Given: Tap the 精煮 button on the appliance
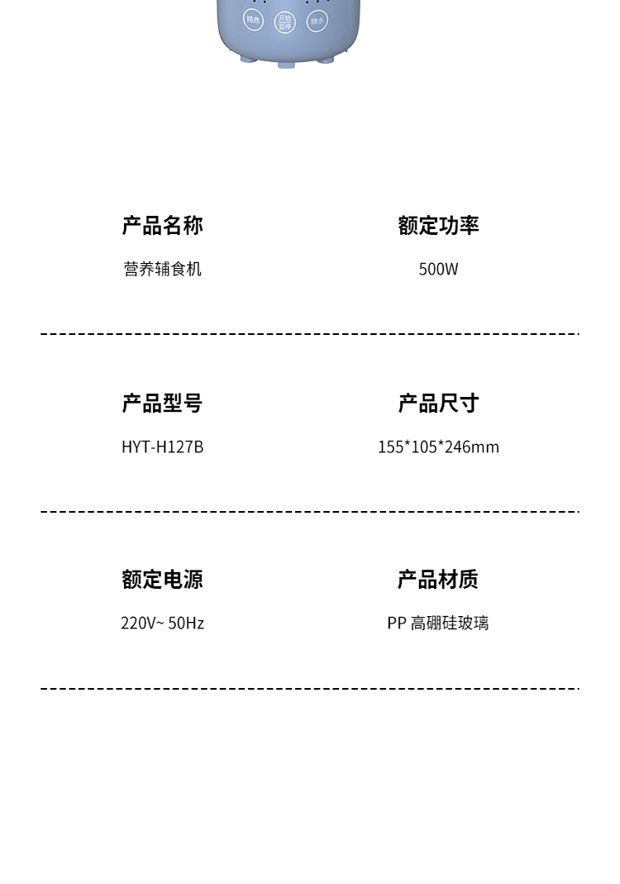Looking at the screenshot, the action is pos(253,20).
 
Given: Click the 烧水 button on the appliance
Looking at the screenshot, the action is pos(317,21).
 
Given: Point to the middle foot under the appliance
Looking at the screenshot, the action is pos(286,64).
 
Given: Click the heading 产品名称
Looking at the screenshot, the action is pos(162,226).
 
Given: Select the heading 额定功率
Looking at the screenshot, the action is pos(438,226).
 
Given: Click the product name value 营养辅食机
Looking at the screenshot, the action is pos(162,270).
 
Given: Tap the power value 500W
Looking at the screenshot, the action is pos(438,270).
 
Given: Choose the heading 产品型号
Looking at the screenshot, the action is pos(162,404).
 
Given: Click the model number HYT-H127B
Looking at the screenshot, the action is pos(162,447).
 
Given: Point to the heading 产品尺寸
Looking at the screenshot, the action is pos(438,404).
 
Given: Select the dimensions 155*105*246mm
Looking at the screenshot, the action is pos(438,447).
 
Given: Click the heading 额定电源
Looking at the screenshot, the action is pos(162,580).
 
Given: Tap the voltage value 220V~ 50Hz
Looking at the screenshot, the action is pos(162,624).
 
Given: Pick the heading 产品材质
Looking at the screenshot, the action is pos(438,580).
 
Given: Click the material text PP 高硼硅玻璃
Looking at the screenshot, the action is pos(438,624).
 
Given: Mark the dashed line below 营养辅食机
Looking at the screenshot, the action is pos(310,334).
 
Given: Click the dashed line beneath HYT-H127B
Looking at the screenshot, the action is pos(310,512).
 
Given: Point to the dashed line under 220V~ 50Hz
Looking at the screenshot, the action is pos(310,688).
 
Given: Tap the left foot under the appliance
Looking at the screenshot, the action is pos(246,59).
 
